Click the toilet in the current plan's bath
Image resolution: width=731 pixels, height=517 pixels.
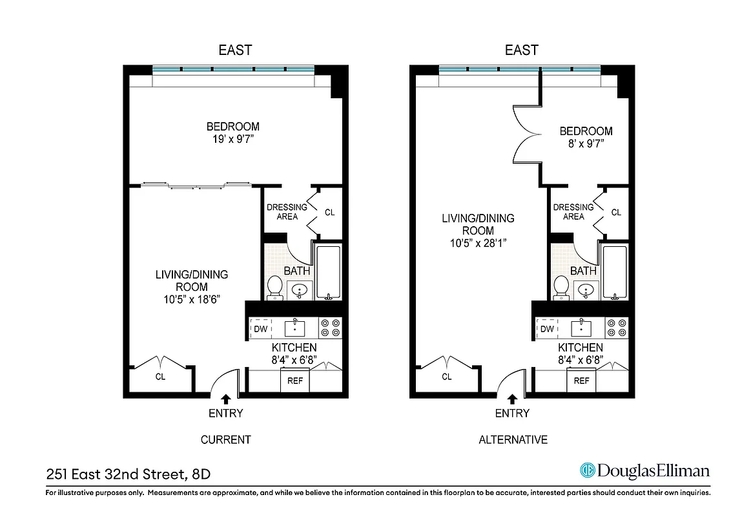click(275, 287)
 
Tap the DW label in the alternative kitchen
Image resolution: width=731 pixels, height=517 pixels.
click(547, 329)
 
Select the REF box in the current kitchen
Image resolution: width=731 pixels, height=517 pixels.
click(295, 381)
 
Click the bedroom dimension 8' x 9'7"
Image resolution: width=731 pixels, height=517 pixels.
click(586, 143)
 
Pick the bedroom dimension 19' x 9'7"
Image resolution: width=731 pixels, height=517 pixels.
click(233, 139)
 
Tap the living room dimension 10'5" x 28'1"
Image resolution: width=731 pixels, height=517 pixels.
click(478, 243)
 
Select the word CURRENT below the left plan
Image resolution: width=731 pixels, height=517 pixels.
click(225, 439)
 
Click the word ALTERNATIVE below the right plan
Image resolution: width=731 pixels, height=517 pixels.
click(513, 439)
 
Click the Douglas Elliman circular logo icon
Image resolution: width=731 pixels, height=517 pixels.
click(586, 470)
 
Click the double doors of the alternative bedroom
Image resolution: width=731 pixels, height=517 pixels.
click(526, 137)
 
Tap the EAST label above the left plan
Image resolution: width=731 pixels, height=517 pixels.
click(234, 50)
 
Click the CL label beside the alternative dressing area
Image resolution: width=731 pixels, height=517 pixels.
click(616, 212)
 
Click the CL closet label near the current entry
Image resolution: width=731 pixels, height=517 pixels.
click(160, 377)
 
